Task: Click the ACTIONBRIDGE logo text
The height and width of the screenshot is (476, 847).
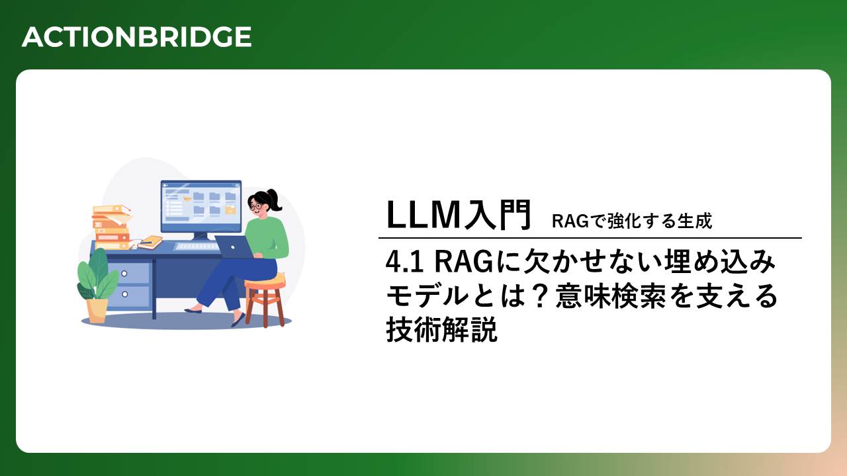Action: click(136, 36)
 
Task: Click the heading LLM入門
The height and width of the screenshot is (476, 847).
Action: click(459, 215)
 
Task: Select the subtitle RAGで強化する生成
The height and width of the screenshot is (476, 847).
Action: click(632, 221)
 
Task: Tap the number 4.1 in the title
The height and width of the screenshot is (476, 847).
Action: click(404, 262)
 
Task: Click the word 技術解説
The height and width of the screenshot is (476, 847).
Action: click(441, 330)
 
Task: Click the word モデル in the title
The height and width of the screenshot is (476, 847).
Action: click(427, 296)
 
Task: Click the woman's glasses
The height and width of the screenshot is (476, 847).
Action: click(255, 206)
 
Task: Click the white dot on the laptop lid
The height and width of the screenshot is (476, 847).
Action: click(232, 247)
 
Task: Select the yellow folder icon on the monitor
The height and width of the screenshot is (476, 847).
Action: click(230, 210)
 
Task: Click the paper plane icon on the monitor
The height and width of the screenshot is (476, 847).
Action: click(187, 198)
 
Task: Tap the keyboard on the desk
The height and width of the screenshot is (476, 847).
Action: click(197, 247)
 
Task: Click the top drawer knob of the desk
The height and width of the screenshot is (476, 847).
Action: click(124, 274)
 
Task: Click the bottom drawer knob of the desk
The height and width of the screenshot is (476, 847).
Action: click(125, 294)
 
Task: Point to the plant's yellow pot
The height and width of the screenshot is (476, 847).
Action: click(97, 311)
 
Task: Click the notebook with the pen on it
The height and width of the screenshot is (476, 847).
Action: click(150, 242)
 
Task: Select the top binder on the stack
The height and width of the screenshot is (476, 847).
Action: click(111, 209)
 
